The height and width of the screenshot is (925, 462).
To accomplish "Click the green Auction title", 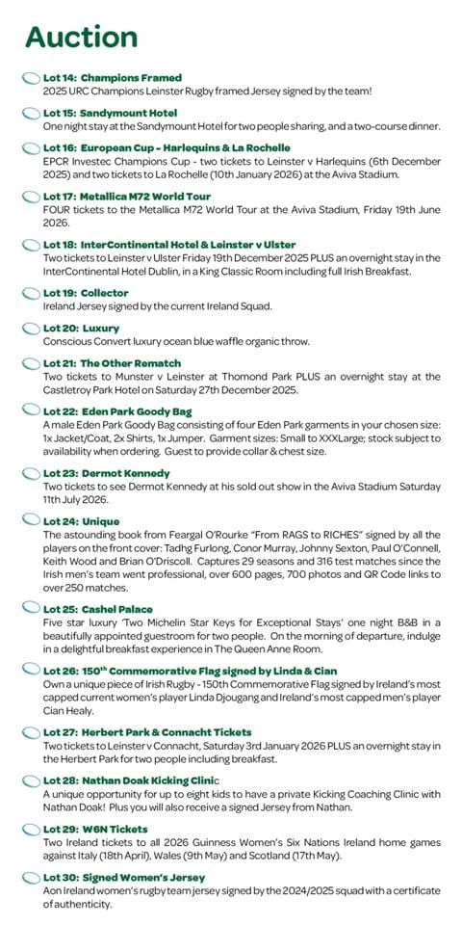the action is pyautogui.click(x=81, y=36).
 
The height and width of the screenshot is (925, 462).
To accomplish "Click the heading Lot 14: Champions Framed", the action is pyautogui.click(x=112, y=77).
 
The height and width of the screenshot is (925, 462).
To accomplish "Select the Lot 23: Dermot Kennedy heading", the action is pyautogui.click(x=106, y=473).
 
